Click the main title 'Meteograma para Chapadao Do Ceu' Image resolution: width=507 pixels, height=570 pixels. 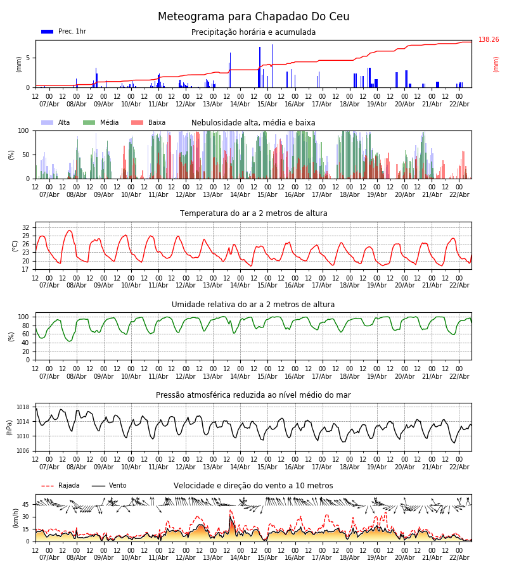click(253, 17)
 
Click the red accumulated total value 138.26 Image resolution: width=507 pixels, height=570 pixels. click(489, 40)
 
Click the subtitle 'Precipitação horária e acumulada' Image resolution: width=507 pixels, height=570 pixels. click(253, 32)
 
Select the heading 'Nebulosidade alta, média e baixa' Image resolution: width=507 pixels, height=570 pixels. click(253, 123)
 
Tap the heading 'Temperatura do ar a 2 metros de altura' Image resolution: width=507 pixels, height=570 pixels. click(253, 213)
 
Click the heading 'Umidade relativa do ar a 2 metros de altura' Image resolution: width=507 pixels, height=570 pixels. click(253, 305)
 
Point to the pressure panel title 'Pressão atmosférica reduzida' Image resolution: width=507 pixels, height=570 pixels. click(253, 395)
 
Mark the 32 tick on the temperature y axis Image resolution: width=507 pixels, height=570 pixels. click(25, 227)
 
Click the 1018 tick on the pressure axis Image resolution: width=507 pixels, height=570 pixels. click(23, 407)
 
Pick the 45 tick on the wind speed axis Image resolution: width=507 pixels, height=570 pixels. click(25, 505)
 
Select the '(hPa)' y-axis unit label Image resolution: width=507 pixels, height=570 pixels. click(10, 427)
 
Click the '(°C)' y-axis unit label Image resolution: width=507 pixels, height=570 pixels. click(15, 246)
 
